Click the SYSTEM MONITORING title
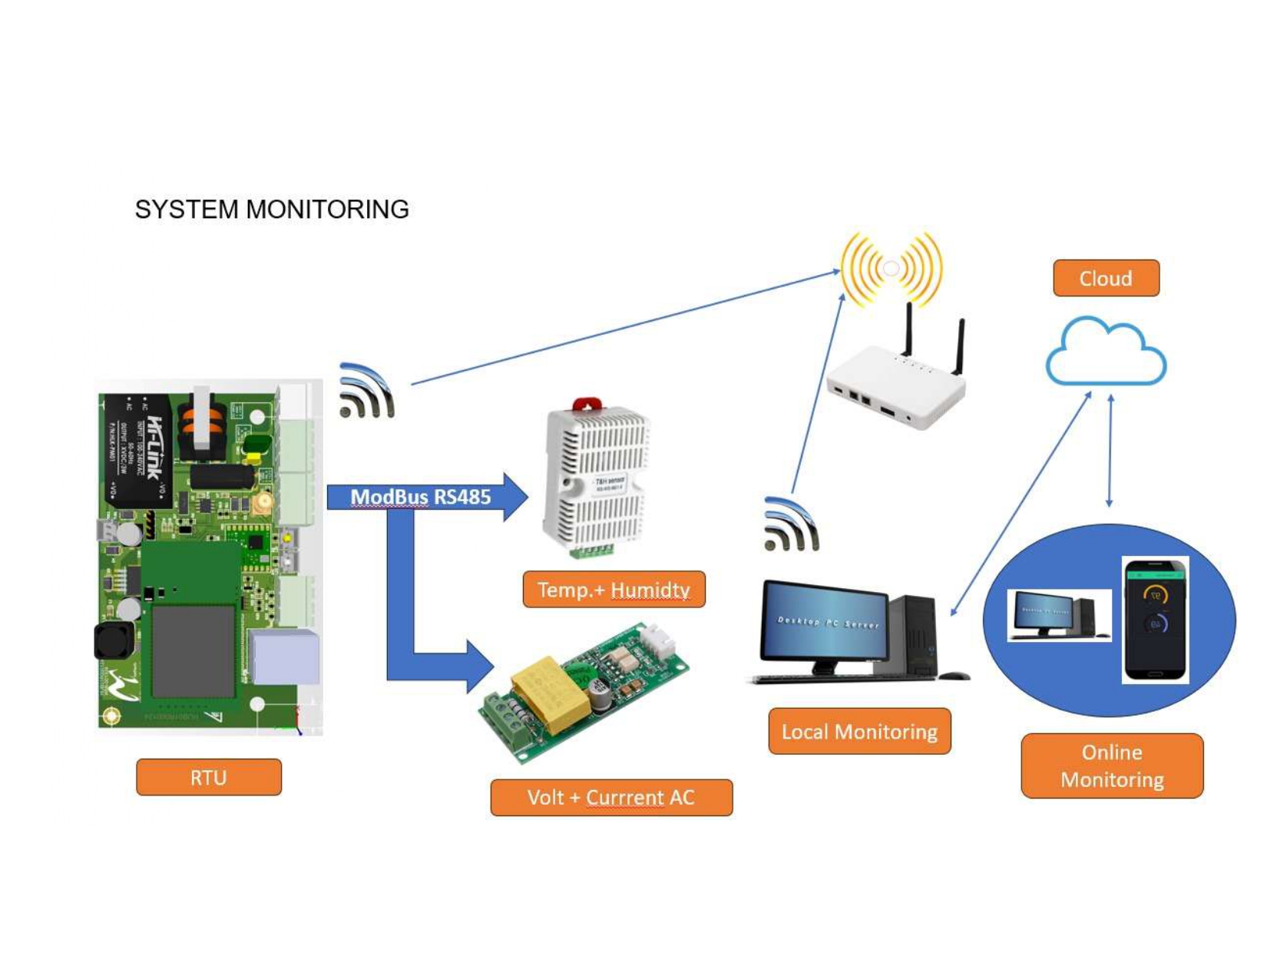click(x=272, y=209)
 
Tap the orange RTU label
click(x=209, y=777)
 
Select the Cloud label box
click(x=1106, y=278)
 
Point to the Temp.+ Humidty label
click(x=614, y=590)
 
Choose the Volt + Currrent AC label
click(x=611, y=797)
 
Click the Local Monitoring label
click(x=859, y=731)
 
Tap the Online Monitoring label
click(x=1112, y=766)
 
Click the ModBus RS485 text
click(x=420, y=497)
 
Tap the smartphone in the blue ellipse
click(x=1156, y=619)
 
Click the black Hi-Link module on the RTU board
click(x=138, y=449)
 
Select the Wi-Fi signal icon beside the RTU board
click(x=366, y=391)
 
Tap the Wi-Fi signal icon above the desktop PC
click(x=792, y=524)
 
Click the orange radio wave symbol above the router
click(x=891, y=269)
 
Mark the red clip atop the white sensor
click(x=588, y=404)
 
